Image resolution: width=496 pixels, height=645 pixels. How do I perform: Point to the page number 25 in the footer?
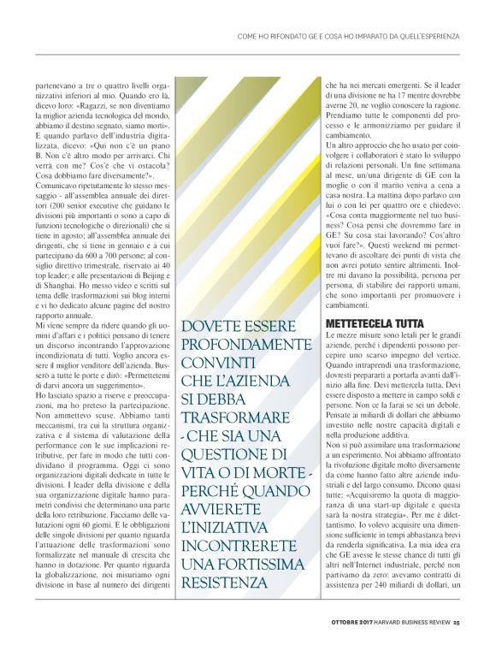(457, 621)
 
